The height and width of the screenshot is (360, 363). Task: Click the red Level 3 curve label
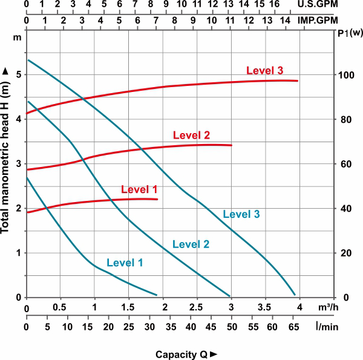(265, 71)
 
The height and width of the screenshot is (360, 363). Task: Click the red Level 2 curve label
(191, 135)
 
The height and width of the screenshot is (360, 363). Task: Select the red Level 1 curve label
(139, 189)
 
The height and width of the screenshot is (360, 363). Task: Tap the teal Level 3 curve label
(241, 214)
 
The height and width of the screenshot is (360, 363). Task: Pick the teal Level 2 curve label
(191, 244)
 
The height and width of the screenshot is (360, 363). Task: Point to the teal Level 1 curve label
(125, 263)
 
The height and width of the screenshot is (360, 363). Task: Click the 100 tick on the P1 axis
(345, 75)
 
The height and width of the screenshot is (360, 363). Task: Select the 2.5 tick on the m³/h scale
(197, 308)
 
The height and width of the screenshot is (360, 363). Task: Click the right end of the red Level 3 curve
(298, 80)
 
